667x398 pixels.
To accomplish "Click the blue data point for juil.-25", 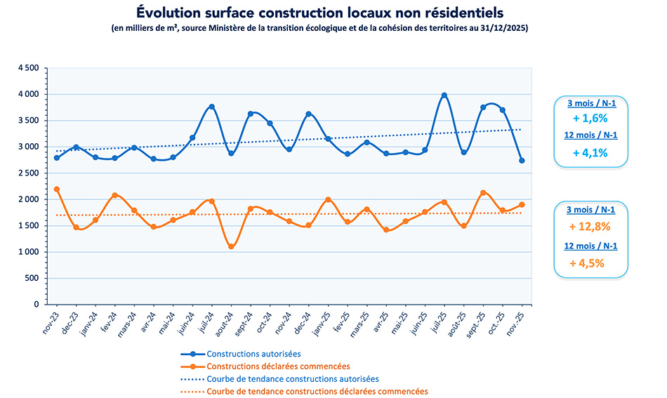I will pyautogui.click(x=444, y=95).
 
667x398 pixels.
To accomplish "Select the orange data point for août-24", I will pyautogui.click(x=231, y=246).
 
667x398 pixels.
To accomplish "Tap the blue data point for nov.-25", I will pyautogui.click(x=522, y=161).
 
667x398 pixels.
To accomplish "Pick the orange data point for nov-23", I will pyautogui.click(x=57, y=190).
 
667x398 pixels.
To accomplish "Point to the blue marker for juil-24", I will pyautogui.click(x=211, y=107).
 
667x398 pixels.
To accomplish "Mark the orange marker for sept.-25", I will pyautogui.click(x=483, y=192).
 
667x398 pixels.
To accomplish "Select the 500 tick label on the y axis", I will pyautogui.click(x=32, y=279).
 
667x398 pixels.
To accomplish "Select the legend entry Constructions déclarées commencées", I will pyautogui.click(x=278, y=366).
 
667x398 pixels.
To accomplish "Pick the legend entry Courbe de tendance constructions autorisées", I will pyautogui.click(x=293, y=379).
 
